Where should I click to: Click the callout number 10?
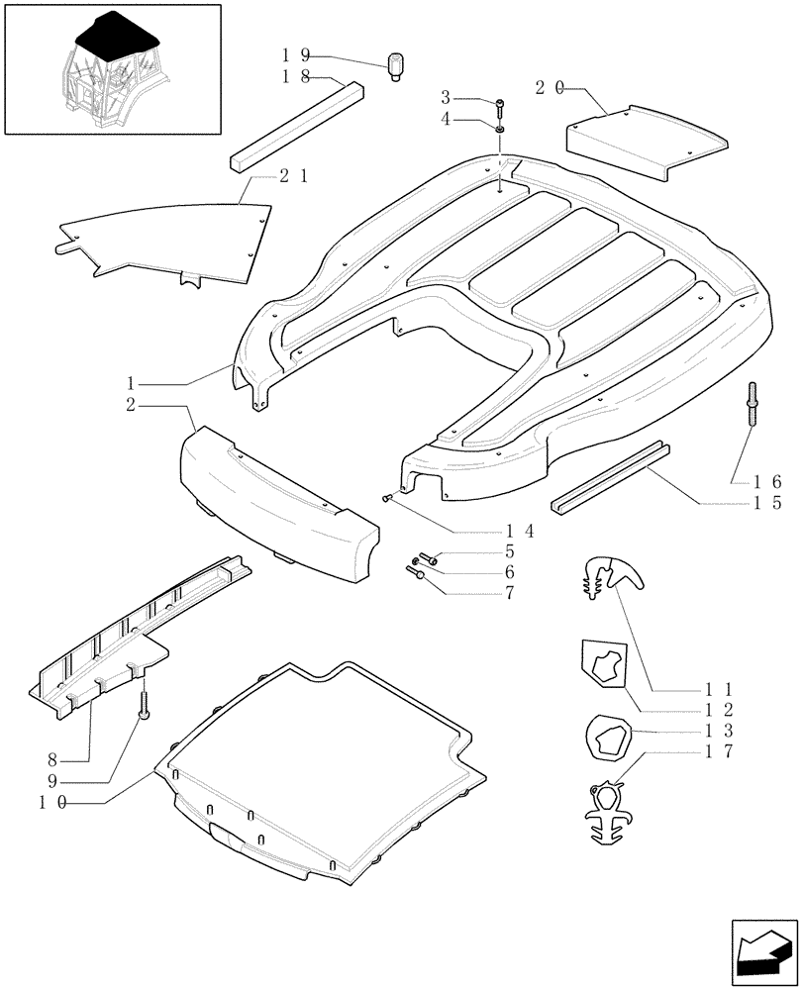pyautogui.click(x=53, y=804)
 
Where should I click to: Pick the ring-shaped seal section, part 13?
pyautogui.click(x=603, y=737)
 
